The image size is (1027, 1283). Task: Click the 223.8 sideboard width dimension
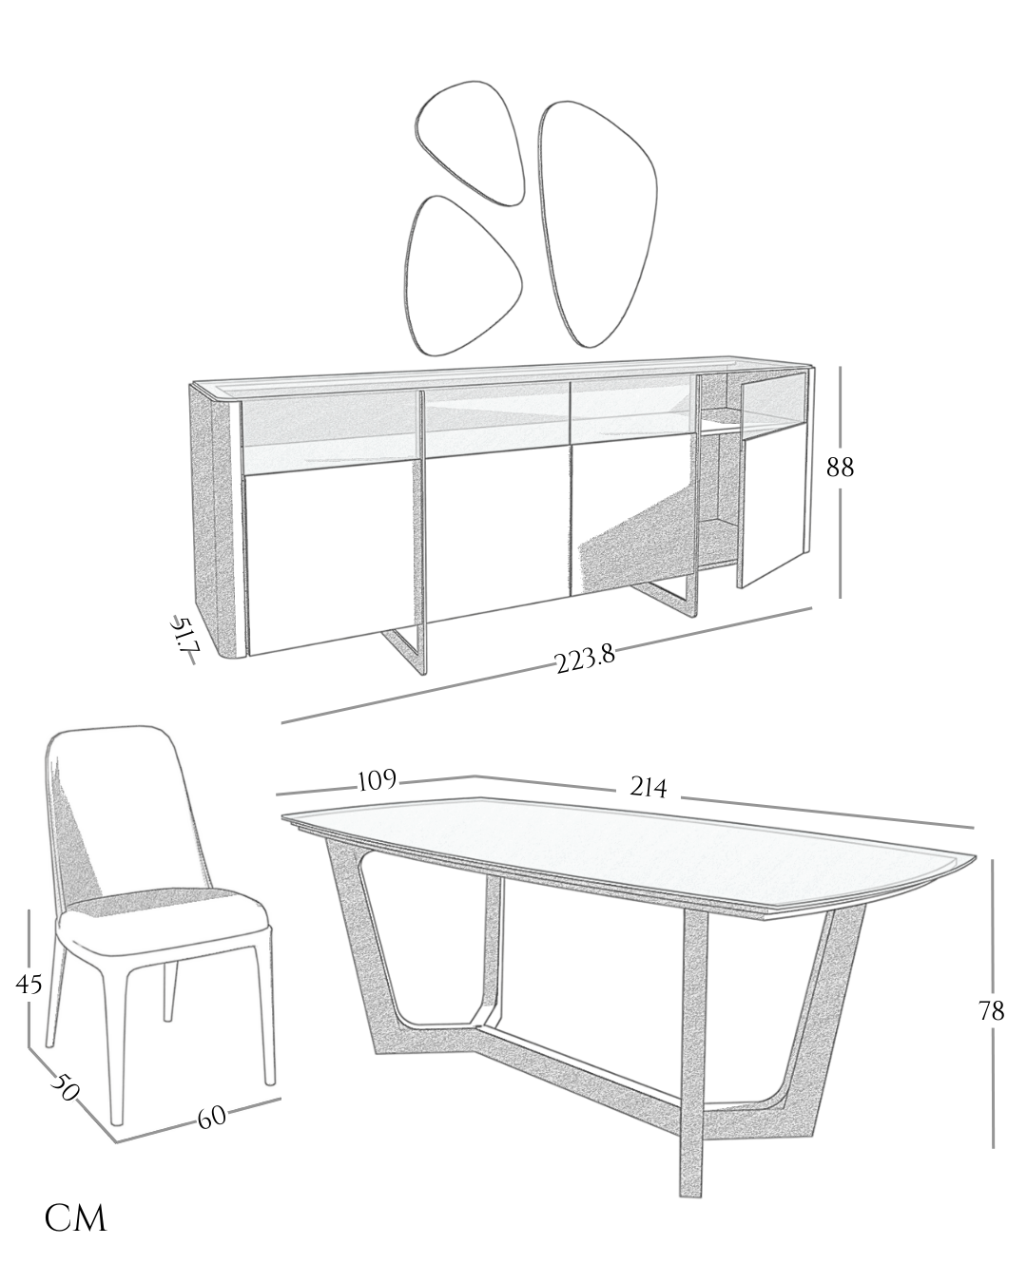(x=585, y=660)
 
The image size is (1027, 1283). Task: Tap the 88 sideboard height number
(x=840, y=468)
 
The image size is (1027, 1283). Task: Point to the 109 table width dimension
(x=378, y=780)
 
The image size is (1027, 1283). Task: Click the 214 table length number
(x=649, y=788)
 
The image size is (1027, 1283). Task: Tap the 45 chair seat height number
(x=29, y=984)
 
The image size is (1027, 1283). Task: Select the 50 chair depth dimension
(x=65, y=1086)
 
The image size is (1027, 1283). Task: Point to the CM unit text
(x=76, y=1218)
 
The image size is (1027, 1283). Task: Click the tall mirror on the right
(x=598, y=223)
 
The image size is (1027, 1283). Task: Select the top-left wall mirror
(x=471, y=144)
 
